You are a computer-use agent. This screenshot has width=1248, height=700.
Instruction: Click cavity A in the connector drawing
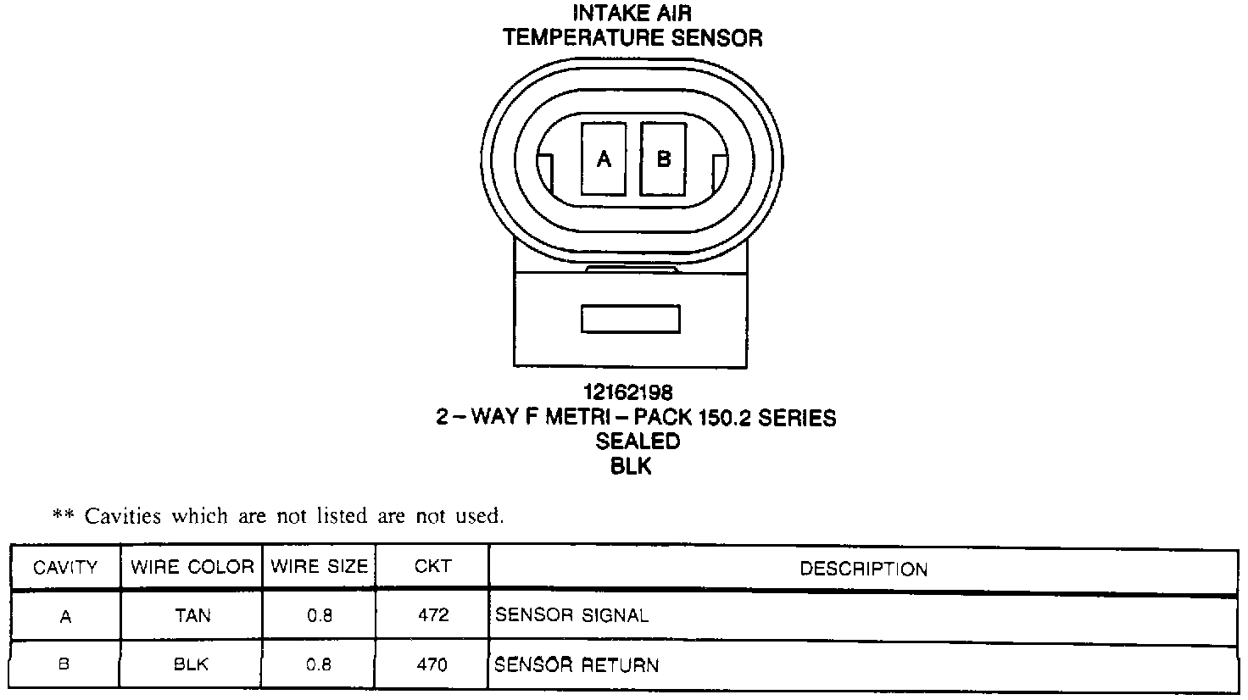click(604, 159)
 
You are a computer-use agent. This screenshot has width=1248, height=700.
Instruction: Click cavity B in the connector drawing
click(663, 159)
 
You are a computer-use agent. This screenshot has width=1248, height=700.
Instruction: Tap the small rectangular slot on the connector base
click(631, 319)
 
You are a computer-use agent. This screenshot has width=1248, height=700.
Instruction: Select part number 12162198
click(628, 392)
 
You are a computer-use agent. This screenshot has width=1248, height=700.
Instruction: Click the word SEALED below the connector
click(638, 442)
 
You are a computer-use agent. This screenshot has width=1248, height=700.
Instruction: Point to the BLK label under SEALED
click(631, 466)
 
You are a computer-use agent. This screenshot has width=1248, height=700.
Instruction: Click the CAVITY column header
click(65, 568)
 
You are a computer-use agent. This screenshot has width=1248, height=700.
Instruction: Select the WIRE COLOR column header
click(192, 567)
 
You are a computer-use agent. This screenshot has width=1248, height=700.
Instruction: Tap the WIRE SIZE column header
click(320, 566)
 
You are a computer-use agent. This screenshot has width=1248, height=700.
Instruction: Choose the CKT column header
click(433, 566)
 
